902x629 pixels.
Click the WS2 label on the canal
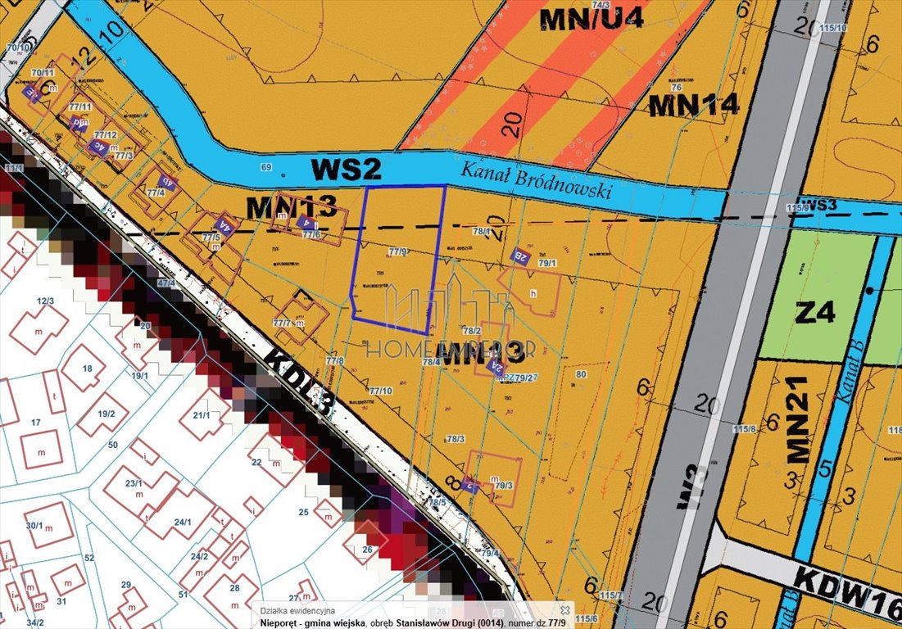347,170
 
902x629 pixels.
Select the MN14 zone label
694,105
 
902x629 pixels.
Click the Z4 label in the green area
814,312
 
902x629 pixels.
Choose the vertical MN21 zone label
797,419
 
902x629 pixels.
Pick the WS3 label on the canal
818,203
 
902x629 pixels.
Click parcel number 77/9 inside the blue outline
399,251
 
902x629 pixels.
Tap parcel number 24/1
182,522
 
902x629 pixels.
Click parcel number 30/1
34,525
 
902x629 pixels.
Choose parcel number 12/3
44,301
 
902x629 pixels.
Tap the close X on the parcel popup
564,610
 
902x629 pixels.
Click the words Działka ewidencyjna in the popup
292,610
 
